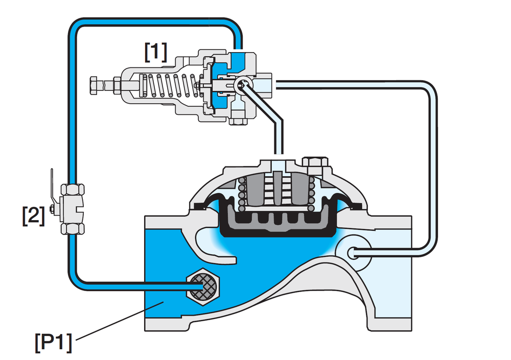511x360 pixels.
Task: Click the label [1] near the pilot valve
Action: point(156,52)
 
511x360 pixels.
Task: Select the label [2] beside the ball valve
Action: point(33,215)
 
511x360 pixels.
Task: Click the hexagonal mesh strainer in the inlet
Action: point(203,286)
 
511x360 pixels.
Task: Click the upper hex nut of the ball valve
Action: point(73,189)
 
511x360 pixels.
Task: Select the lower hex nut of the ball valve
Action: point(73,229)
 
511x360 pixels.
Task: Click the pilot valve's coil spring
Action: point(170,86)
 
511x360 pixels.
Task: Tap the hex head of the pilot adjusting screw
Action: point(94,85)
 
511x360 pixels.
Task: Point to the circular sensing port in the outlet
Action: point(353,253)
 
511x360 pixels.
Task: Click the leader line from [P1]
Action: point(119,321)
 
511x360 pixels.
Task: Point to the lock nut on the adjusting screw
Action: point(117,85)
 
